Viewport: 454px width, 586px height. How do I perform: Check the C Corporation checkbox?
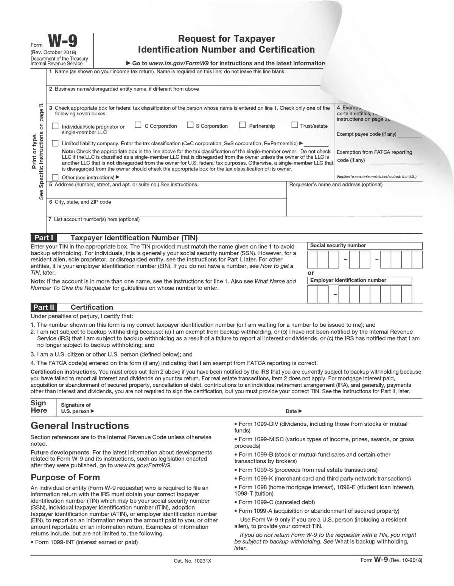point(138,125)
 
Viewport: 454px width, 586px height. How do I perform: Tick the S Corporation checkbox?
point(190,125)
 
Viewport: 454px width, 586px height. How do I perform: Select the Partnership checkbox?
point(243,125)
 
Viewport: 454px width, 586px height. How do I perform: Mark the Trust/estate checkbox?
point(294,125)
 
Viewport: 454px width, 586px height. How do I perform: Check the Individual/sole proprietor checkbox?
point(55,126)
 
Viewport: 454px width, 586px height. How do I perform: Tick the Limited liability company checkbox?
point(55,143)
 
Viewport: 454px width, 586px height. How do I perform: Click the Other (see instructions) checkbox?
point(55,177)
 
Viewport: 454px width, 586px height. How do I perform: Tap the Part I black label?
point(44,238)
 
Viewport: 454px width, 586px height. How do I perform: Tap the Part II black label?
point(44,307)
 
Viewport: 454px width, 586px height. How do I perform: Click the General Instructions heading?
point(79,426)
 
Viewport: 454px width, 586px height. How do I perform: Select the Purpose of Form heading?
point(65,477)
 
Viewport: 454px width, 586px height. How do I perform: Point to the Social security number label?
point(338,246)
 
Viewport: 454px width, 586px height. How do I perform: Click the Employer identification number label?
point(348,281)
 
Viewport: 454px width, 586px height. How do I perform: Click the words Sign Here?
point(39,407)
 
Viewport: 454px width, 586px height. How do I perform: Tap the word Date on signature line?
point(291,411)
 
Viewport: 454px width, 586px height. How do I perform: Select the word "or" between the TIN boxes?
point(311,273)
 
